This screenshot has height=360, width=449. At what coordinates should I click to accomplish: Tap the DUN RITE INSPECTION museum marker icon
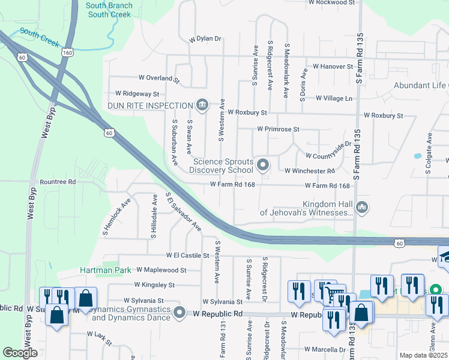pyautogui.click(x=202, y=106)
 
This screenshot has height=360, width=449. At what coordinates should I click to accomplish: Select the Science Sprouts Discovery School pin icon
pyautogui.click(x=262, y=164)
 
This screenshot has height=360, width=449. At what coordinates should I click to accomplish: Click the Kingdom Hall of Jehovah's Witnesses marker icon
pyautogui.click(x=362, y=208)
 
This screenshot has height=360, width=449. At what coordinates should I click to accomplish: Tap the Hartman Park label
pyautogui.click(x=106, y=271)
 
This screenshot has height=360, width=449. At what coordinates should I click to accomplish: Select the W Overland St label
pyautogui.click(x=159, y=78)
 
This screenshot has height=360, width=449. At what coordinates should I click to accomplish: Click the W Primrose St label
pyautogui.click(x=278, y=129)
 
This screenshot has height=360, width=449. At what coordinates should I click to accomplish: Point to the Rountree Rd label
pyautogui.click(x=58, y=181)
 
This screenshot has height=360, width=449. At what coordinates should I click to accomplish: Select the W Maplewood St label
pyautogui.click(x=161, y=271)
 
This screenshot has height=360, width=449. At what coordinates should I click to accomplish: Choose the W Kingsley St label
pyautogui.click(x=154, y=285)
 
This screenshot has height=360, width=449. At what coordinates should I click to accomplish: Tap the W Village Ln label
pyautogui.click(x=334, y=98)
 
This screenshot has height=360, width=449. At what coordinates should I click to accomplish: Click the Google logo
pyautogui.click(x=20, y=353)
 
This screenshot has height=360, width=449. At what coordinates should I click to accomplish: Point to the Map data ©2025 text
pyautogui.click(x=423, y=355)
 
